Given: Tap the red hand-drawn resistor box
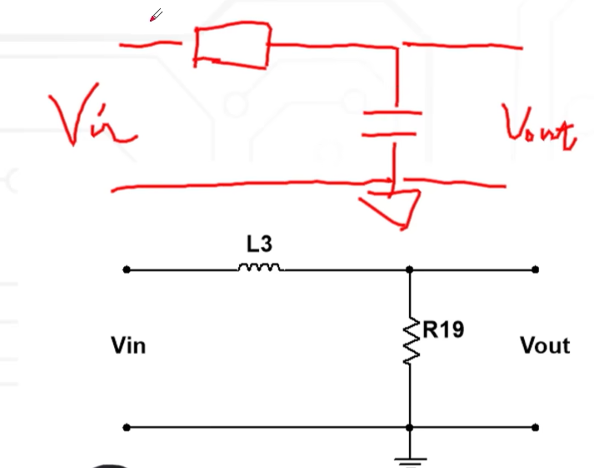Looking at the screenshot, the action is point(232,46).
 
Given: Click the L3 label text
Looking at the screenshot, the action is point(259,245).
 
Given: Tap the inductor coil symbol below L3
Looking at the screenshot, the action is point(260,267).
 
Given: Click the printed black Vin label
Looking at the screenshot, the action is point(128,346).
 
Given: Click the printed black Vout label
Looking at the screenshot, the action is point(544,346).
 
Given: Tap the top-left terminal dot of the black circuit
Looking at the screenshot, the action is point(126,270).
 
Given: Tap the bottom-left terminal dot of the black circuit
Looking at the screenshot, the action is point(126,427).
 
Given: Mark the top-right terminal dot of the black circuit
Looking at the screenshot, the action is point(535,270).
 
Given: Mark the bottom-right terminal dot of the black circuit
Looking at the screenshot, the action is point(535,427).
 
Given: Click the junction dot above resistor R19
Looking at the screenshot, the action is point(410,270).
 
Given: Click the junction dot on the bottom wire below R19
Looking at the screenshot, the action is point(410,427).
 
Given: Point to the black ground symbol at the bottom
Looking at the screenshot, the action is point(410,459).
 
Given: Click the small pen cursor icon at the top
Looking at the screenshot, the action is point(156,15).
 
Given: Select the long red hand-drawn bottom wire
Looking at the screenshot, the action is point(250,185).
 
